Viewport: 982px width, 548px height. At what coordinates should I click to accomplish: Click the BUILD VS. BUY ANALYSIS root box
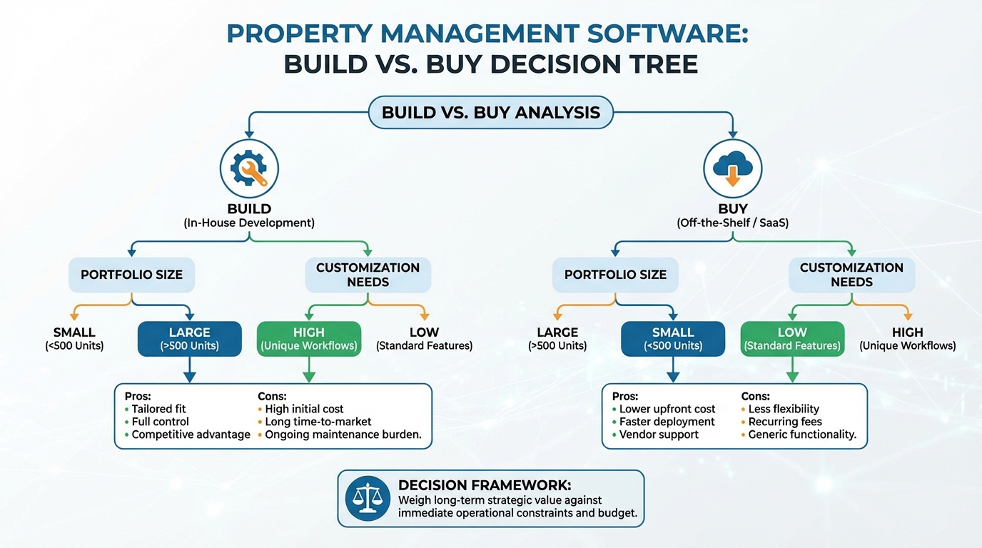point(490,112)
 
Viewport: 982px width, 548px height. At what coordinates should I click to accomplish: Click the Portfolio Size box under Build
point(131,275)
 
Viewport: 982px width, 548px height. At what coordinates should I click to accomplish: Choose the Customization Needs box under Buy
point(851,275)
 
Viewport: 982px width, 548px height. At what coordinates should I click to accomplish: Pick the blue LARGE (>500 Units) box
point(189,338)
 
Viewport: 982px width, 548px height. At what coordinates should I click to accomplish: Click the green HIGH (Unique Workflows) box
point(308,338)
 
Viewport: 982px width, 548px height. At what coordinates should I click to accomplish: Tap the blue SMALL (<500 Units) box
point(672,338)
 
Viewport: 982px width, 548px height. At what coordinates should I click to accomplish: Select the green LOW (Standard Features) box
point(791,338)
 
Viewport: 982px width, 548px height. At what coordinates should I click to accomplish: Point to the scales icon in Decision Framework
point(368,498)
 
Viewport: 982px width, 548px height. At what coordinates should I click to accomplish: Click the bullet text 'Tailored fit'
point(158,409)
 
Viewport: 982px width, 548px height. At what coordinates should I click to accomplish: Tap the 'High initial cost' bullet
point(304,409)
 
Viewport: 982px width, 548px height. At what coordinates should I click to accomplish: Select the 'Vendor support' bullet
point(659,435)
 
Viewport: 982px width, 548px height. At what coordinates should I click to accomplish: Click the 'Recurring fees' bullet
point(785,422)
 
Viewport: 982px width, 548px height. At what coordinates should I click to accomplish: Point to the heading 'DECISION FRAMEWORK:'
point(485,485)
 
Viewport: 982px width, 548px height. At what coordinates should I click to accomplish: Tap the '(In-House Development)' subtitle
point(249,223)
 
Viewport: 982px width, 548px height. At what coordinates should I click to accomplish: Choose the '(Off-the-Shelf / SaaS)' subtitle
point(732,223)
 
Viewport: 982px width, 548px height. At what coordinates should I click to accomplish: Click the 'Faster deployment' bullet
point(667,422)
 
